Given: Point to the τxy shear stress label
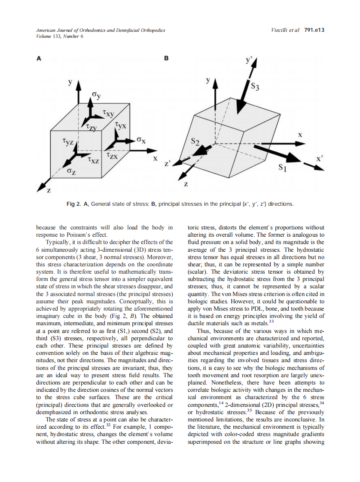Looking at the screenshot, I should (108, 114).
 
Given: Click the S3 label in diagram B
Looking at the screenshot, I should (255, 88).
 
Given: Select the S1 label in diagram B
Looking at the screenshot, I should (282, 168).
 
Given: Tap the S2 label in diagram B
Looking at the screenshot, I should (196, 141).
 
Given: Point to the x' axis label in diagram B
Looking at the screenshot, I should (319, 159).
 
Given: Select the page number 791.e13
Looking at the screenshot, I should (314, 30).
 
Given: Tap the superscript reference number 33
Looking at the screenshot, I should (271, 321).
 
